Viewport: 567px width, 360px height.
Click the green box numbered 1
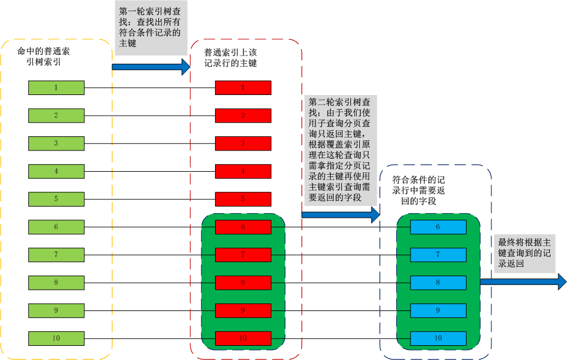(x=56, y=88)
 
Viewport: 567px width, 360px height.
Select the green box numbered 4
(x=56, y=171)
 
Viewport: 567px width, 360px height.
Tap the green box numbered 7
(x=56, y=254)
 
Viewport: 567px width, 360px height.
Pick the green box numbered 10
(x=56, y=338)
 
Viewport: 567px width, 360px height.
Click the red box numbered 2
(x=243, y=116)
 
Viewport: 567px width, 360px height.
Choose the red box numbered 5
(x=243, y=199)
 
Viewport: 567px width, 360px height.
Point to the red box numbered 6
(x=243, y=227)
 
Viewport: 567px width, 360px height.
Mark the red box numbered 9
(x=243, y=310)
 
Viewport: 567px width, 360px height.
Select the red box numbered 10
(x=243, y=338)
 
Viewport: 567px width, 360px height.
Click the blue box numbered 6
(x=438, y=227)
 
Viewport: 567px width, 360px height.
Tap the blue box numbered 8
(x=438, y=283)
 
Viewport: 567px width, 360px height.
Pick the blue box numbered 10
(x=438, y=338)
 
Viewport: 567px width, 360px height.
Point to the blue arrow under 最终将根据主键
(x=523, y=282)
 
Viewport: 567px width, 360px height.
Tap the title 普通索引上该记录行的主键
(x=230, y=58)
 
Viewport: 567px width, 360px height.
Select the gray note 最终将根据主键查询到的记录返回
(x=525, y=254)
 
